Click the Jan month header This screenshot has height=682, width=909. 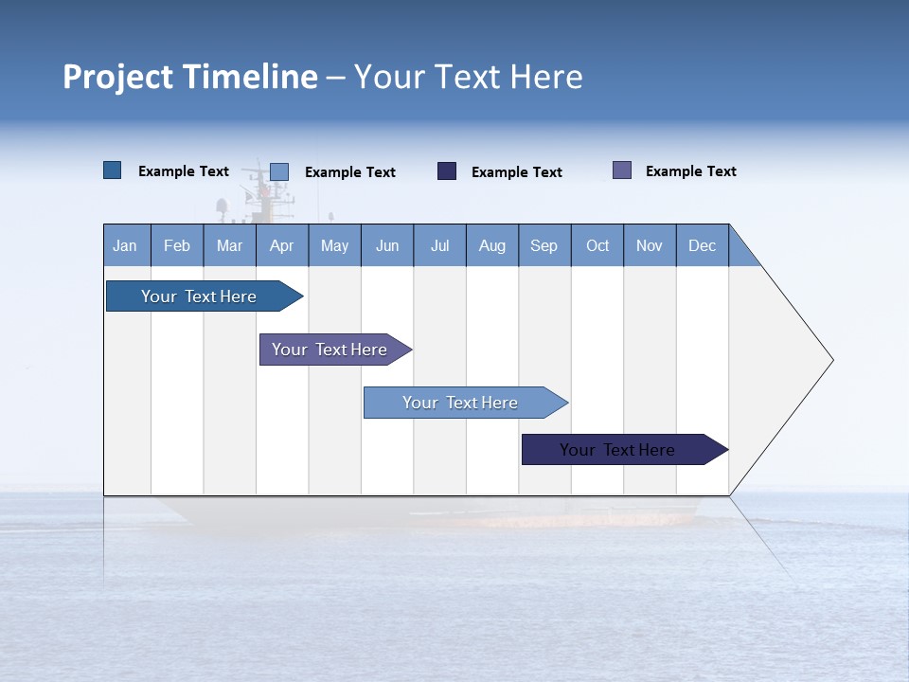pos(126,245)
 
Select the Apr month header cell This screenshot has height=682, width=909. pos(282,245)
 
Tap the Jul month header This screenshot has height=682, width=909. pos(439,245)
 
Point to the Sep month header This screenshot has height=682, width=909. pos(544,245)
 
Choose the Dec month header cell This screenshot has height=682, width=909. pos(702,245)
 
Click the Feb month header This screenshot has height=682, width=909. pos(177,245)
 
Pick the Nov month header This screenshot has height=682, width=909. pos(650,245)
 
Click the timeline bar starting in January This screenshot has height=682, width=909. pos(199,296)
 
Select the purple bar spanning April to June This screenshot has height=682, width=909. pos(330,350)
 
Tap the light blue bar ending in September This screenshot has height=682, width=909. pos(460,403)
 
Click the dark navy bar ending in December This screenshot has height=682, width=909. pos(617,450)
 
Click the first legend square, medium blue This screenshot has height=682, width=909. pos(113,170)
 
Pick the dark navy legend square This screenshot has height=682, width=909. pos(447,171)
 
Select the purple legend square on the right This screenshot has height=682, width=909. pos(622,170)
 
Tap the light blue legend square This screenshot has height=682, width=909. pos(279,171)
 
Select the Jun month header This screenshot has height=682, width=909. pos(387,245)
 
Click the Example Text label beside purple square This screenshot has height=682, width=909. pos(690,171)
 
